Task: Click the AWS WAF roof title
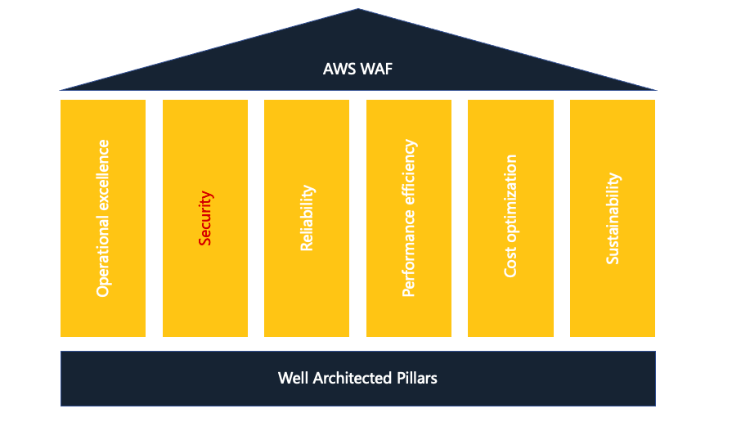pos(357,69)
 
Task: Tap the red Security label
pos(205,218)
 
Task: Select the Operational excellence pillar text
pos(103,218)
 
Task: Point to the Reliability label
pos(308,218)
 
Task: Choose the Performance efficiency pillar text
pos(409,218)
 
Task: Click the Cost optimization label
pos(510,215)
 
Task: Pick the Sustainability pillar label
pos(613,218)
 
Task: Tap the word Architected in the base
pos(352,378)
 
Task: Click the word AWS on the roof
pos(339,69)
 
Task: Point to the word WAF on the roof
pos(377,69)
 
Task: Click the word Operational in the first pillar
pos(103,257)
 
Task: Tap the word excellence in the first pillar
pos(103,175)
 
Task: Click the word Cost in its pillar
pos(510,262)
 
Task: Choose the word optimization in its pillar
pos(510,198)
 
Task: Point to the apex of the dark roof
pos(357,8)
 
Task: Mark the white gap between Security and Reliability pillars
pos(256,218)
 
